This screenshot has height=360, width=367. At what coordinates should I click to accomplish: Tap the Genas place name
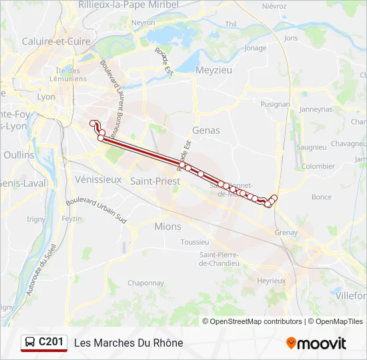[206, 131]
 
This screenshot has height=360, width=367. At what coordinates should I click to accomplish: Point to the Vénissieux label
[99, 179]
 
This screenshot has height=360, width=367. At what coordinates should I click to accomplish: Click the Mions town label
[167, 227]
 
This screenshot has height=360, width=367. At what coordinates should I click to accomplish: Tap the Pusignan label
[275, 104]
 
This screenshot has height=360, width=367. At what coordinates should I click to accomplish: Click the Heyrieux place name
[272, 281]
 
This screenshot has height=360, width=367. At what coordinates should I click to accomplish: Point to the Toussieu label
[195, 242]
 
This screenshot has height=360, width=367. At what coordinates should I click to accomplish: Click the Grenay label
[286, 233]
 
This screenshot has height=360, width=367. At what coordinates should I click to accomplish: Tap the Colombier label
[318, 166]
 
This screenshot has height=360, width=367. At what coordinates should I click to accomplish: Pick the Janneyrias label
[316, 109]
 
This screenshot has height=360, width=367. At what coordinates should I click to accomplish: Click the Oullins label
[19, 155]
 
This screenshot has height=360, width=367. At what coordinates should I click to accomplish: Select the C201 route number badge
[51, 343]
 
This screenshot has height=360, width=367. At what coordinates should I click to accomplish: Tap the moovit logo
[316, 343]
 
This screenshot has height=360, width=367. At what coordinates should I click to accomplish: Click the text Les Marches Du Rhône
[129, 343]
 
